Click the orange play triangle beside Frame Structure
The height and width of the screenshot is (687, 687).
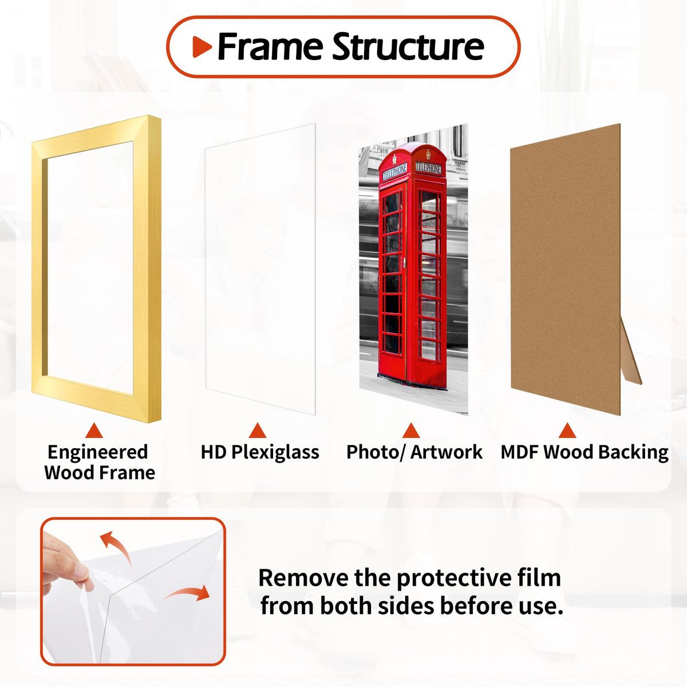pyautogui.click(x=202, y=47)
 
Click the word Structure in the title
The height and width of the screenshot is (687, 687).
pyautogui.click(x=408, y=46)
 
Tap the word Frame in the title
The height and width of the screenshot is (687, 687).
pyautogui.click(x=270, y=46)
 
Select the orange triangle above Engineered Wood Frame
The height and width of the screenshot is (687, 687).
pyautogui.click(x=94, y=431)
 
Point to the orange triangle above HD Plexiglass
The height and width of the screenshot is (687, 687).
pyautogui.click(x=258, y=431)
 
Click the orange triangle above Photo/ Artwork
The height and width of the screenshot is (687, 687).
pyautogui.click(x=411, y=431)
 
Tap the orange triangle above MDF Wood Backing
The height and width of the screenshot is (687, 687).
pyautogui.click(x=567, y=431)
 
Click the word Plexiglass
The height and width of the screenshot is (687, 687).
pyautogui.click(x=275, y=452)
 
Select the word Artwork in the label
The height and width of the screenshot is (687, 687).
pyautogui.click(x=447, y=452)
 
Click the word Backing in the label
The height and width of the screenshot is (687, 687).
pyautogui.click(x=633, y=452)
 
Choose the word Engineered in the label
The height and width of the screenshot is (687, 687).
pyautogui.click(x=98, y=453)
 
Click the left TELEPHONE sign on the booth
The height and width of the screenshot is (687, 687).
pyautogui.click(x=394, y=172)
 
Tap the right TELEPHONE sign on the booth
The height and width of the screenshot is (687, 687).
pyautogui.click(x=428, y=168)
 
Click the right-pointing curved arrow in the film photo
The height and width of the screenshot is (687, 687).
pyautogui.click(x=188, y=593)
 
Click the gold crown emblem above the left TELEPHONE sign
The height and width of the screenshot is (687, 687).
pyautogui.click(x=394, y=158)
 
